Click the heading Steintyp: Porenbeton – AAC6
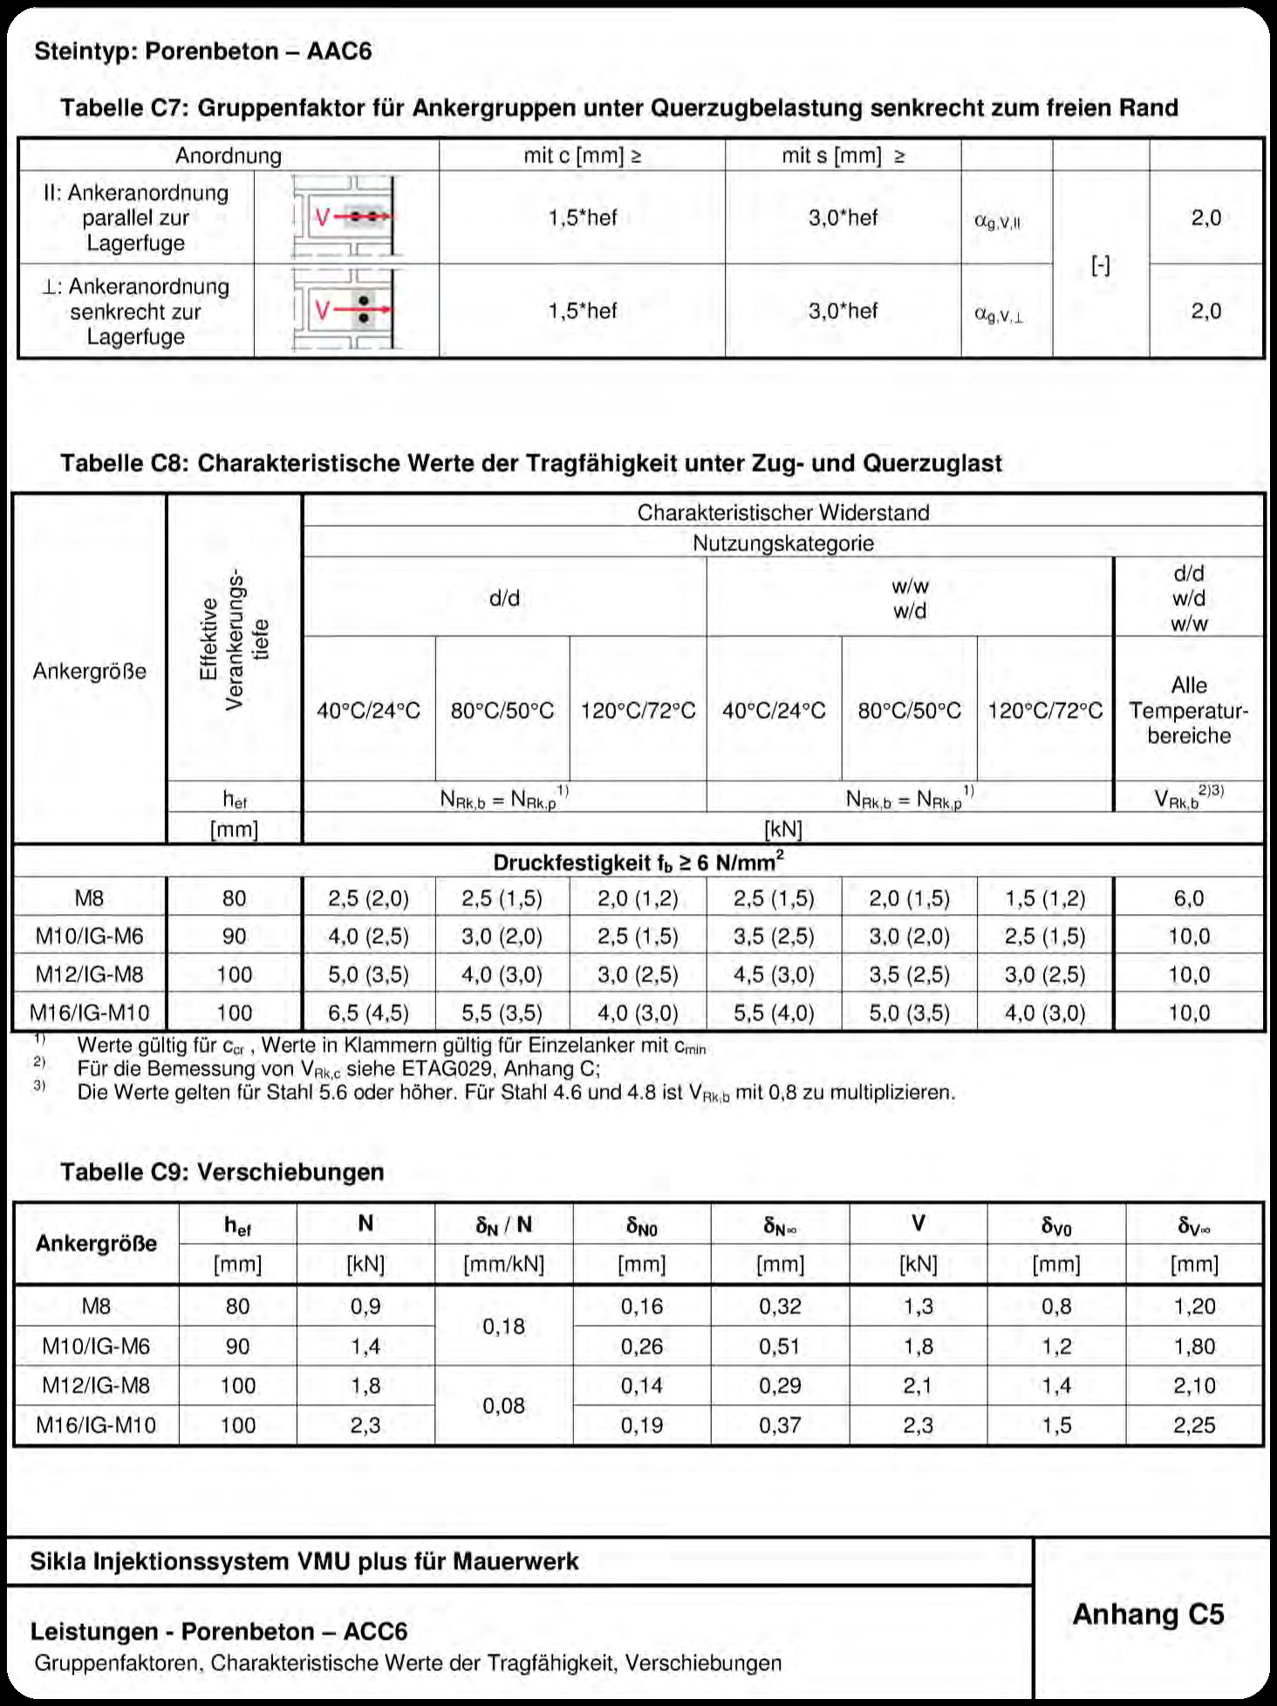202,51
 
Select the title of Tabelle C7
618,108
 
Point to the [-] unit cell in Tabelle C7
1101,265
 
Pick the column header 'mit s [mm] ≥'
843,156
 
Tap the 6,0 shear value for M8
1188,898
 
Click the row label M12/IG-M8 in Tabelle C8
89,974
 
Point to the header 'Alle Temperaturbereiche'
1188,710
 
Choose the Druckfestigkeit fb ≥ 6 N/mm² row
638,863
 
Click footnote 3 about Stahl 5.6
515,1092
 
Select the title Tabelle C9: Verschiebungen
222,1171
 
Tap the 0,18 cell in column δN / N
503,1327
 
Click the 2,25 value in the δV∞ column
1193,1425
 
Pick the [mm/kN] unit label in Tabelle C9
503,1264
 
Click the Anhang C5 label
1148,1614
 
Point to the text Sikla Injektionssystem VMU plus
304,1561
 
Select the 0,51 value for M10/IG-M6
779,1347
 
